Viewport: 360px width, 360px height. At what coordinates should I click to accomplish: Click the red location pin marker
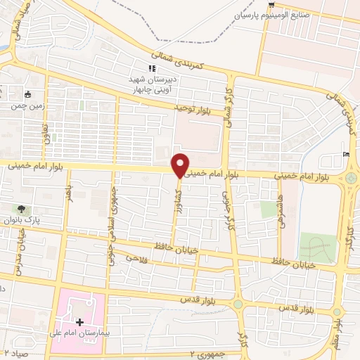pos(181,164)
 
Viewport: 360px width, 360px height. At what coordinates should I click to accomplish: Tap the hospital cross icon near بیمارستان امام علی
pos(79,322)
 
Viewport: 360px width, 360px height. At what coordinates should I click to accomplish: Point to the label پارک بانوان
pos(23,220)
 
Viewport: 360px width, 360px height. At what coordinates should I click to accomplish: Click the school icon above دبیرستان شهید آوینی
pos(150,68)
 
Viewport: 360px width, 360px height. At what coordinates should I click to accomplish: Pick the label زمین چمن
pos(24,106)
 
